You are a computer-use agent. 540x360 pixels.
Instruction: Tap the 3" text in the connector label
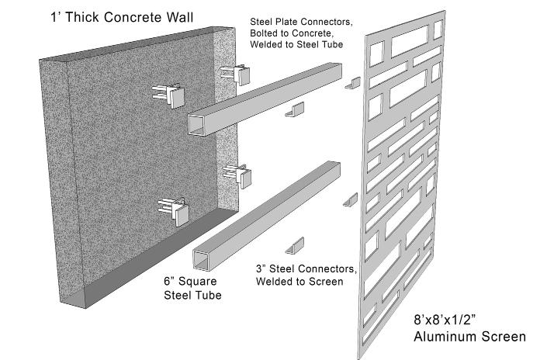261,269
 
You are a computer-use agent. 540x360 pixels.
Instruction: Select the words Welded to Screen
299,281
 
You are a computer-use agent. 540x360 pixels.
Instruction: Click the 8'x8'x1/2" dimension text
446,321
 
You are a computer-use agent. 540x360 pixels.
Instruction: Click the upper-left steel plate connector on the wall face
172,94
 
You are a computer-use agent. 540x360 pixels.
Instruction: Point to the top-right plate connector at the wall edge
237,73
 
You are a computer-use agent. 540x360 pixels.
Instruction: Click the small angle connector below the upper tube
295,111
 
